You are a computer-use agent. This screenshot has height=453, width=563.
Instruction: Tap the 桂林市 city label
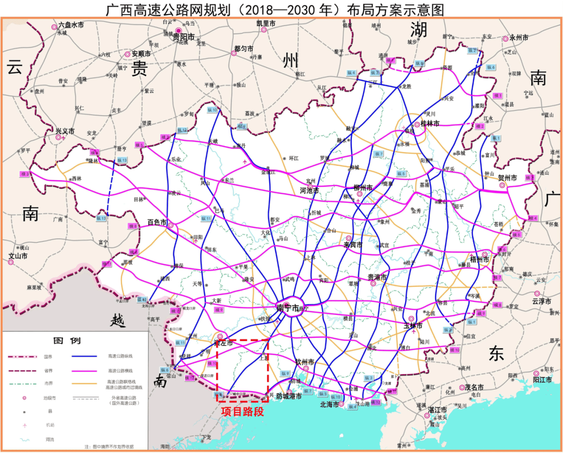coord(431,124)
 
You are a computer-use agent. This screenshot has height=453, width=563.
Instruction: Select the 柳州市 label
coord(363,188)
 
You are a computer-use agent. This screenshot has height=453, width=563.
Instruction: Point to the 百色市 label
coord(156,222)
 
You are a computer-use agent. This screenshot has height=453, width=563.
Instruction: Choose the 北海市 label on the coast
coord(330,403)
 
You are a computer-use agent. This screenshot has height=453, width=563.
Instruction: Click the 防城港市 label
coord(289,396)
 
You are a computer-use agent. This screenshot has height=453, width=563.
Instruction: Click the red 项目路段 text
coord(242,412)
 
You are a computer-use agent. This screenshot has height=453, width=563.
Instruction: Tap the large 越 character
coord(118,321)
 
